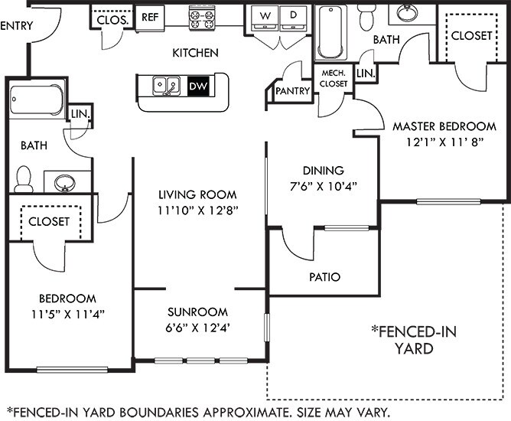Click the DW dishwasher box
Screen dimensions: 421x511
click(x=197, y=86)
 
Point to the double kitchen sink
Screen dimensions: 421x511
click(x=167, y=86)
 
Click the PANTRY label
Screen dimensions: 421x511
click(x=291, y=91)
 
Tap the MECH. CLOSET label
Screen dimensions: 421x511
click(x=334, y=78)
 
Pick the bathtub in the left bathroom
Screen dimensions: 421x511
click(x=37, y=100)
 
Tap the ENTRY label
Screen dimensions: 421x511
click(x=16, y=26)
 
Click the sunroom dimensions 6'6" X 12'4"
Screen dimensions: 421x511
click(x=198, y=327)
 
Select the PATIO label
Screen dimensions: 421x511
click(x=324, y=277)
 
